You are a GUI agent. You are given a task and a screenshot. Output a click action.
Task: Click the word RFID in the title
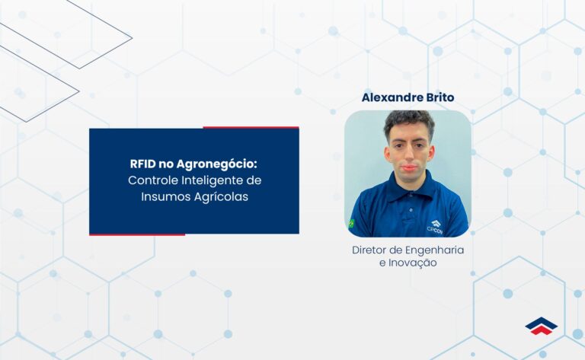[143, 164]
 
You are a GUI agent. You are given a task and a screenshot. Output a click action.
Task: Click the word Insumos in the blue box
[163, 196]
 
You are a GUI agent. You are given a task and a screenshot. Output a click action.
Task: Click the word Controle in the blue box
[149, 180]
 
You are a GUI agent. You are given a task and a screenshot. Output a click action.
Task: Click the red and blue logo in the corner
[541, 326]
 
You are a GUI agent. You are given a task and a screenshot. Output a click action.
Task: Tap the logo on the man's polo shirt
[436, 225]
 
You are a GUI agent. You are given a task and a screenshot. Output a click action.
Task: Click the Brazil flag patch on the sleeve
[351, 224]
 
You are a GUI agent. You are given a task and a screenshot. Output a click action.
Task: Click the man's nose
[408, 158]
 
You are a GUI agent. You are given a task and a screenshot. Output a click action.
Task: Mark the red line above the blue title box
[251, 127]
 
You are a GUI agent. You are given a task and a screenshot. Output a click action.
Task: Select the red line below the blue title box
[137, 234]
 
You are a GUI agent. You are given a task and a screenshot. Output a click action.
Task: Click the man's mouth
[409, 169]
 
